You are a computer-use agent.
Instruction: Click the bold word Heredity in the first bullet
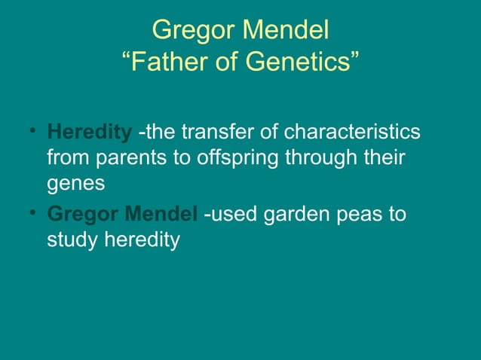pyautogui.click(x=89, y=133)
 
